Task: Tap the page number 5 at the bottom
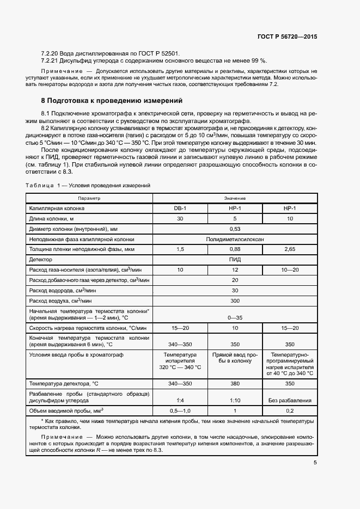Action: coord(315,463)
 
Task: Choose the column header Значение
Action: coord(235,198)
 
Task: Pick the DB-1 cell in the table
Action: coord(180,208)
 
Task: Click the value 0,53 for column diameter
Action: coord(235,229)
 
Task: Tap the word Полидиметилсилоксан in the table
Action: coord(235,239)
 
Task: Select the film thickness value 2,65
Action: coord(290,249)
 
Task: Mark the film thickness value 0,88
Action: coord(235,249)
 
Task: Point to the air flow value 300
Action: coord(235,301)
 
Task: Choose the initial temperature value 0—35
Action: coord(235,317)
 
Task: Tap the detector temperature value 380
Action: coord(235,384)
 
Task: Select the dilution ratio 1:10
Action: coord(235,401)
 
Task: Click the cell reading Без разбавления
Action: coord(290,401)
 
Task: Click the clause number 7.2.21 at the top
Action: coord(51,61)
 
